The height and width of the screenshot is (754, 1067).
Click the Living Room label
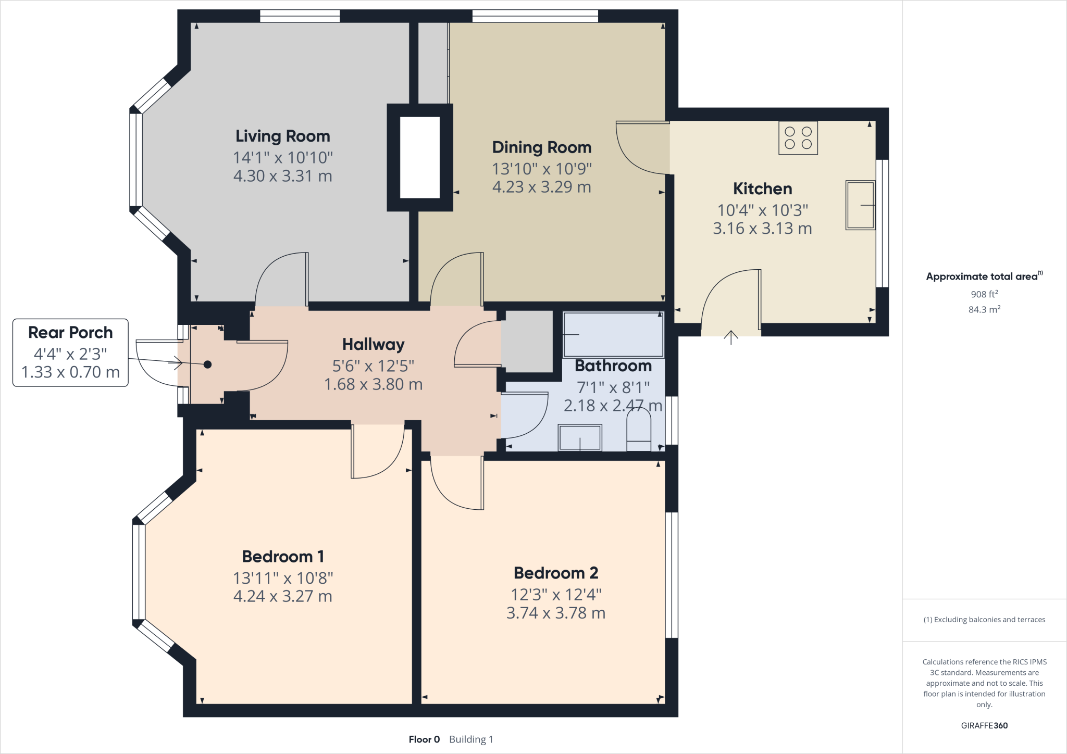(282, 136)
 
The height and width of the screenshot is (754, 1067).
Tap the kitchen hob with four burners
(798, 138)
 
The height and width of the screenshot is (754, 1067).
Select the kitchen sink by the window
(860, 205)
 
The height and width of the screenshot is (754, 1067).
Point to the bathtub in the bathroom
(613, 334)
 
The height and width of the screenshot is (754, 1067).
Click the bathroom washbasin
(580, 437)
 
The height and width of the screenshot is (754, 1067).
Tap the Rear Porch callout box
(70, 353)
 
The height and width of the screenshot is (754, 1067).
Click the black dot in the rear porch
(207, 365)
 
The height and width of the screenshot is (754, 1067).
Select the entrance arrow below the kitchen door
(731, 337)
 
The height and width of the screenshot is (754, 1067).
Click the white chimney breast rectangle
(419, 157)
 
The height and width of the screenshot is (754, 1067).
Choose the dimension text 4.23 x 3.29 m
(541, 187)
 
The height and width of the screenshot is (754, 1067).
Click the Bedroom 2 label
(555, 573)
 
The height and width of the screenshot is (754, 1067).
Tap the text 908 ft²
(984, 294)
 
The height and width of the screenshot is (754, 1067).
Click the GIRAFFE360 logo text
(984, 725)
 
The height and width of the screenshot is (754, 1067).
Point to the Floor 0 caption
(424, 739)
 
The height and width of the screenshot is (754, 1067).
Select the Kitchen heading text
(762, 188)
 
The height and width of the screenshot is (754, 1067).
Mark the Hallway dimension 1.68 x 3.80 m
(373, 384)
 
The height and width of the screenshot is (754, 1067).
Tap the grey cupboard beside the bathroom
(527, 341)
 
